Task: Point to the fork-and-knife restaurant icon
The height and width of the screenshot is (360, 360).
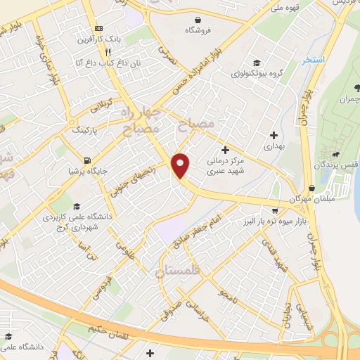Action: point(108,52)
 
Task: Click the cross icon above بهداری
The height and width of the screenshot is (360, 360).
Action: point(274,134)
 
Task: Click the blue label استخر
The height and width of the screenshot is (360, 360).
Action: point(313,60)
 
